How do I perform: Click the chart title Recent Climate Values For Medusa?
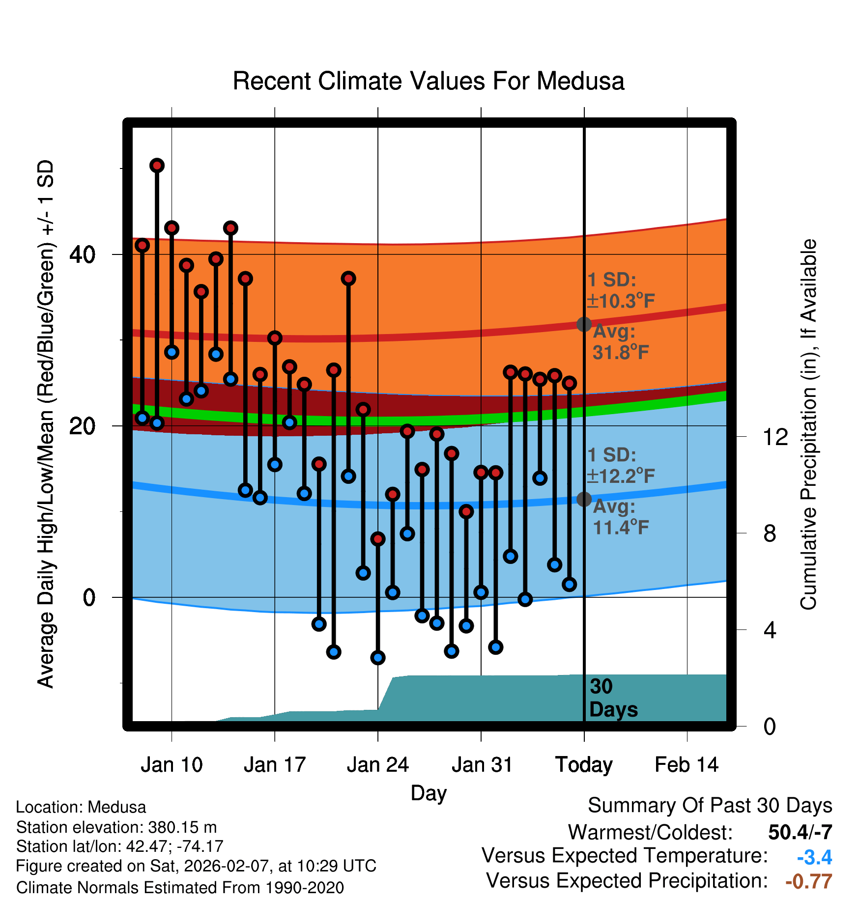(x=429, y=81)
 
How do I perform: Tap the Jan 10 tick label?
(x=172, y=765)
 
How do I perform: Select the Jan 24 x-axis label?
(x=377, y=765)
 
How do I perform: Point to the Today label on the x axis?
(x=584, y=765)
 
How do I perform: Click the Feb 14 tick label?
(x=687, y=765)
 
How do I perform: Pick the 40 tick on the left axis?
(x=82, y=254)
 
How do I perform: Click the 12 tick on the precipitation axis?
(x=775, y=437)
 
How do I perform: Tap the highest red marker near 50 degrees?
(x=157, y=166)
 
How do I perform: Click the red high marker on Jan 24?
(x=378, y=539)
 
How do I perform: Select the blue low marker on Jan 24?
(x=378, y=657)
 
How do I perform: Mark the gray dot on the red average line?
(x=584, y=324)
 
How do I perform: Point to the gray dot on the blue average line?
(x=584, y=499)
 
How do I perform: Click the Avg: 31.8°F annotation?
(x=621, y=342)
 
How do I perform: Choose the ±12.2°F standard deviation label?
(x=621, y=476)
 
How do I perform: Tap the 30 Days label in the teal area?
(x=613, y=698)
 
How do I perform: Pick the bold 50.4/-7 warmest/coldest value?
(x=800, y=832)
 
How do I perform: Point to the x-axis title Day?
(x=429, y=793)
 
